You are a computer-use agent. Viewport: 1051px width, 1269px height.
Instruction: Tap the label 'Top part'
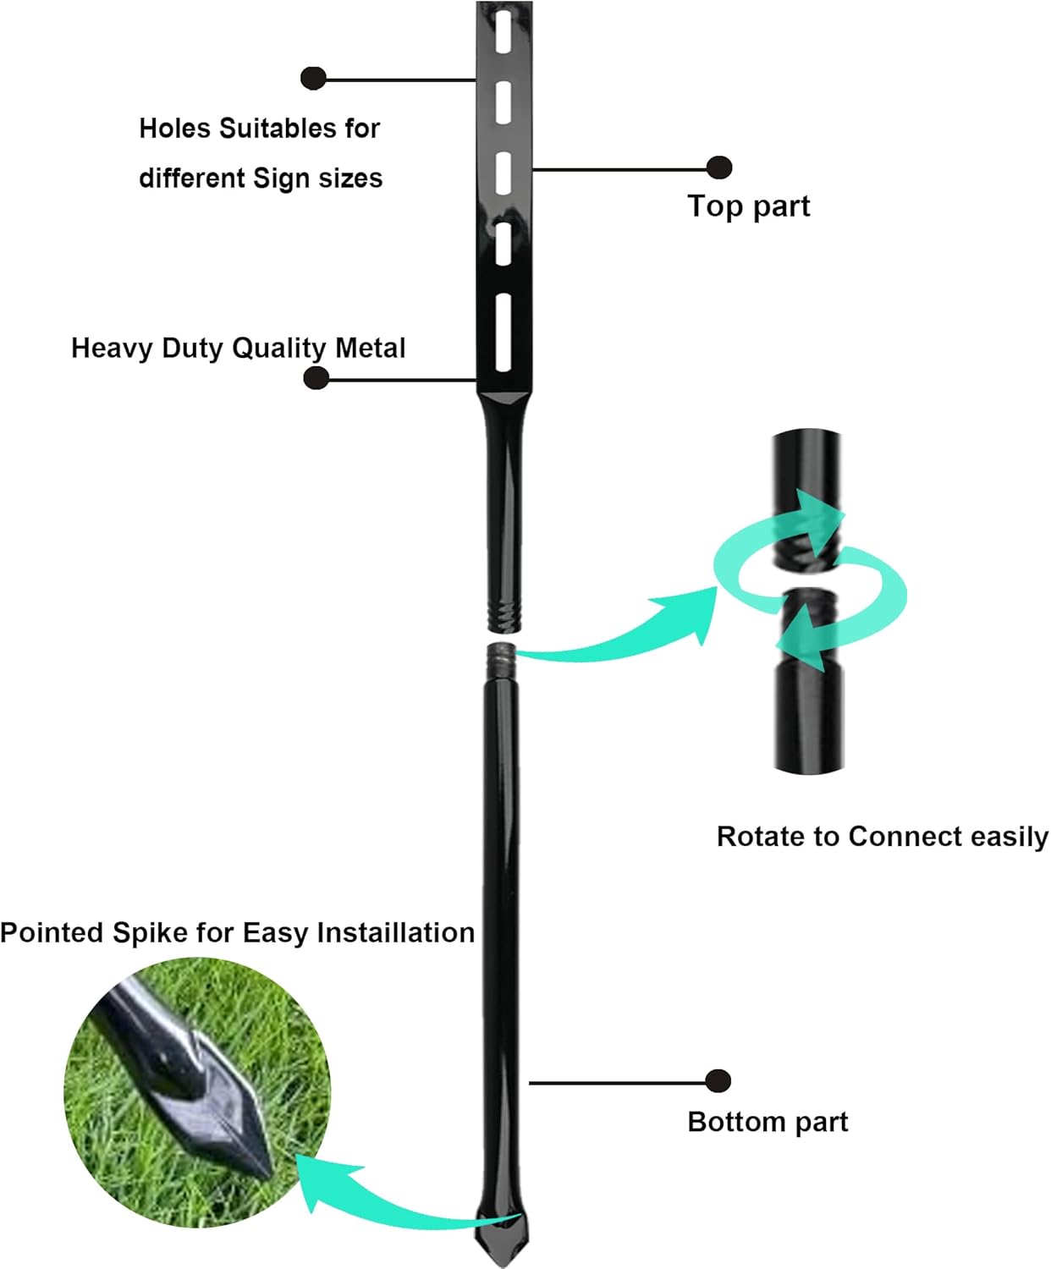(x=748, y=206)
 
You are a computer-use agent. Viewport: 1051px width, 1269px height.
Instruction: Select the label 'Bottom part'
(x=768, y=1122)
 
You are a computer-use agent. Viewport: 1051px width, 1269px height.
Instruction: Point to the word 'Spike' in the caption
(x=151, y=932)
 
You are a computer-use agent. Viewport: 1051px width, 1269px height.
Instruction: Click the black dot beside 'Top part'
(x=718, y=168)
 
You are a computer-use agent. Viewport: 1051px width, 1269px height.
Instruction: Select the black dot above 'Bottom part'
(x=718, y=1080)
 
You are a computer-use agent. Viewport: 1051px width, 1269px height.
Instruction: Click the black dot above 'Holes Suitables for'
(x=313, y=78)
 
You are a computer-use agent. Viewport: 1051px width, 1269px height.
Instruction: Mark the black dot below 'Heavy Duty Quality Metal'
(x=316, y=377)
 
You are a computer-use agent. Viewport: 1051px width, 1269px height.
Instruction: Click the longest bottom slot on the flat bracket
(x=503, y=332)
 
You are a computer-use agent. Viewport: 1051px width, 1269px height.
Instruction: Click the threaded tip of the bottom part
(x=501, y=654)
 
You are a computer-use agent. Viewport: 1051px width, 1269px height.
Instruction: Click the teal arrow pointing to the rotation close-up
(x=626, y=630)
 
